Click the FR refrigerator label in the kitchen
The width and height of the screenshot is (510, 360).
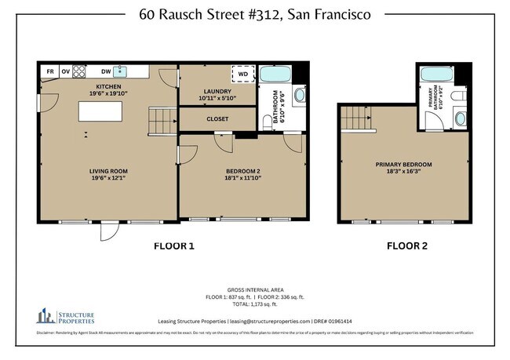coord(49,71)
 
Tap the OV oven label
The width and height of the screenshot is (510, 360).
coord(66,71)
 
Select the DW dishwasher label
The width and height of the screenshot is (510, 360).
coord(105,71)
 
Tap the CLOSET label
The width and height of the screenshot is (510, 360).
coord(217,120)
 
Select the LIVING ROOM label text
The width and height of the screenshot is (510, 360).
coord(108,170)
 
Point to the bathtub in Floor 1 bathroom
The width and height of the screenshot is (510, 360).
coord(275,76)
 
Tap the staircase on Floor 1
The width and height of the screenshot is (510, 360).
coord(162,121)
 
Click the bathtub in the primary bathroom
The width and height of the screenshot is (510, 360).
coord(436,76)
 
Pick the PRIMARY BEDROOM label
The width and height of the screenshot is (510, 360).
coord(403,164)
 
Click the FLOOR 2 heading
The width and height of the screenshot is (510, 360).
coord(407,245)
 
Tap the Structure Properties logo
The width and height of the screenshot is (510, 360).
coord(66,317)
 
